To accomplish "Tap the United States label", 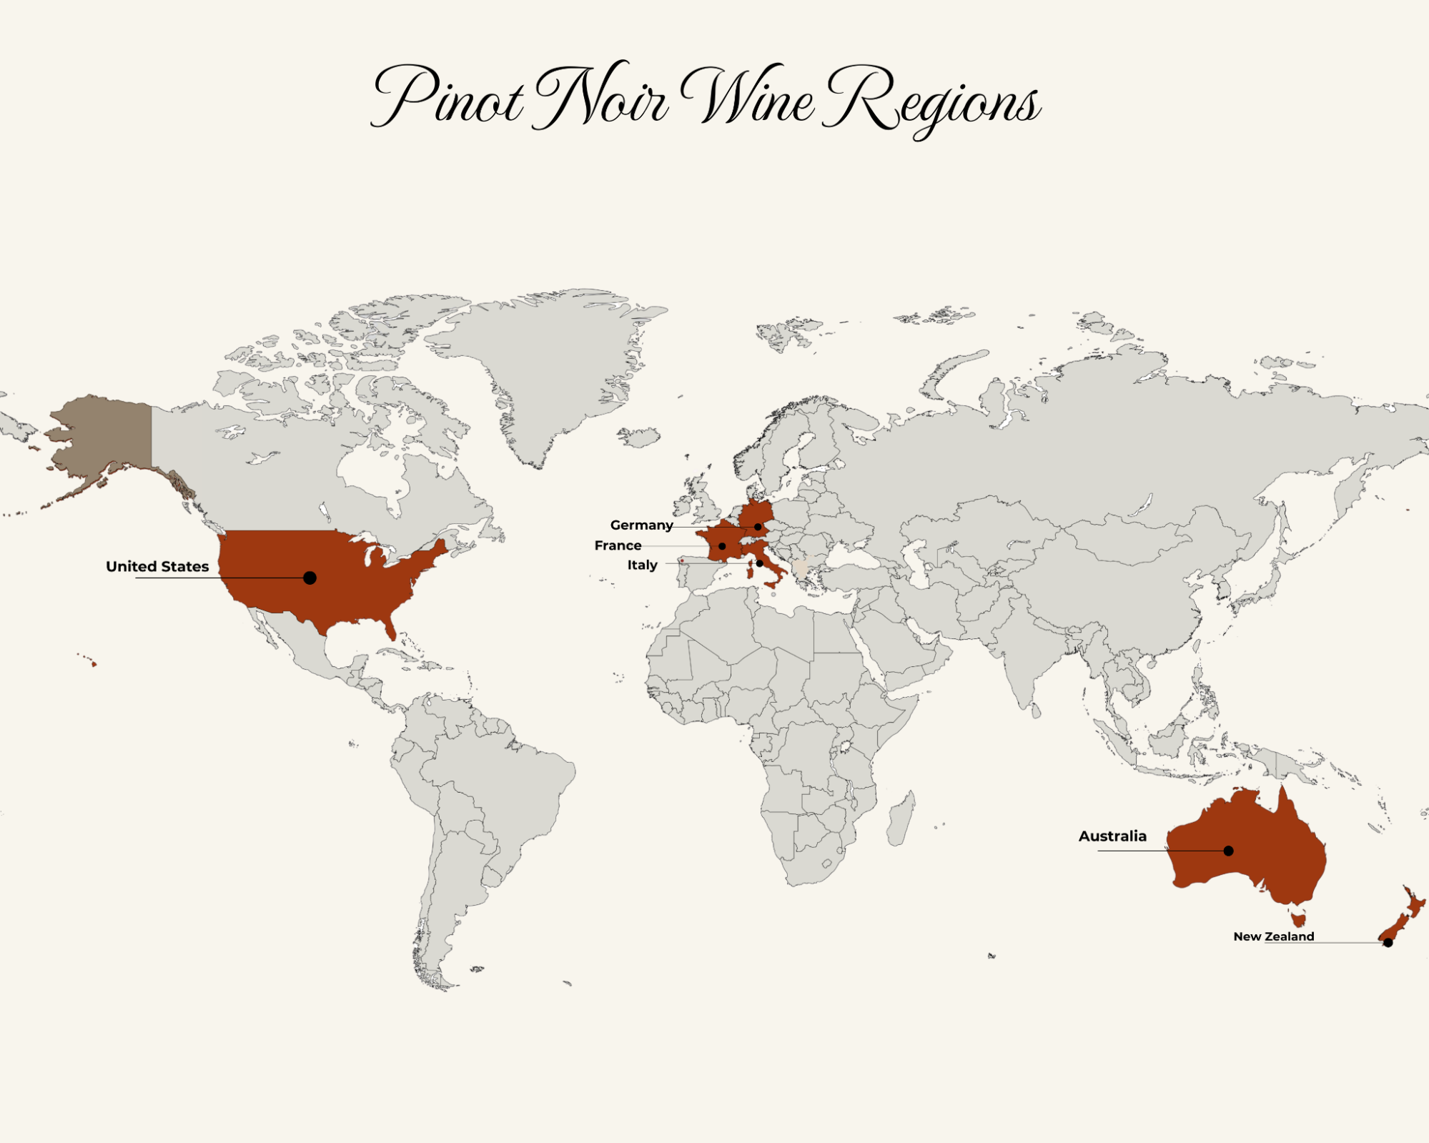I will pos(157,567).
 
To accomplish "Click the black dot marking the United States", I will pos(310,578).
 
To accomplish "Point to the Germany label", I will pos(641,525).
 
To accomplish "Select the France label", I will pos(618,545).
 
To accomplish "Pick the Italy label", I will pos(642,565).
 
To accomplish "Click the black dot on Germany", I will pos(758,527).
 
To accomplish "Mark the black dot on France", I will pos(722,546).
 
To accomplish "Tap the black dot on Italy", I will pos(760,563).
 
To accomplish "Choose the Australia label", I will pos(1112,836).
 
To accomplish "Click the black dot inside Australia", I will pos(1228,851).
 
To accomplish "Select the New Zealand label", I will pos(1273,936).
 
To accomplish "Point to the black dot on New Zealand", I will pos(1388,943).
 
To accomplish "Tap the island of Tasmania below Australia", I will pos(1299,917).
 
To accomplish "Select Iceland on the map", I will pos(639,435).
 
